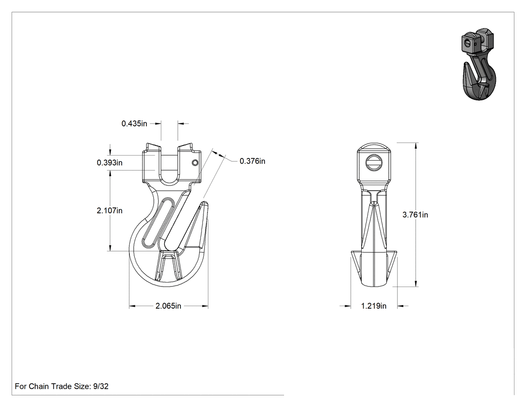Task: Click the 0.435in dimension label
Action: point(134,123)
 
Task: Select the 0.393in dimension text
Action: point(110,163)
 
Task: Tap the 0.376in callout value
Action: point(252,161)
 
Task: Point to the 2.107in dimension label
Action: point(110,211)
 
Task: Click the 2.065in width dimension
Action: point(168,306)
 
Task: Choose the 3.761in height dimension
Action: point(415,215)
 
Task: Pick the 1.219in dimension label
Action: point(374,306)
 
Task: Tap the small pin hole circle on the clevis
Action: point(195,163)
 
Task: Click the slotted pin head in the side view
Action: point(374,163)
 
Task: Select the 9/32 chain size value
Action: point(101,386)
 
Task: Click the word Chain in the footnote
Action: point(39,386)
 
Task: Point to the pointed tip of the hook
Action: point(203,202)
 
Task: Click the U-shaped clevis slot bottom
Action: point(169,183)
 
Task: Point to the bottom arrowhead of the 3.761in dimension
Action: point(416,284)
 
